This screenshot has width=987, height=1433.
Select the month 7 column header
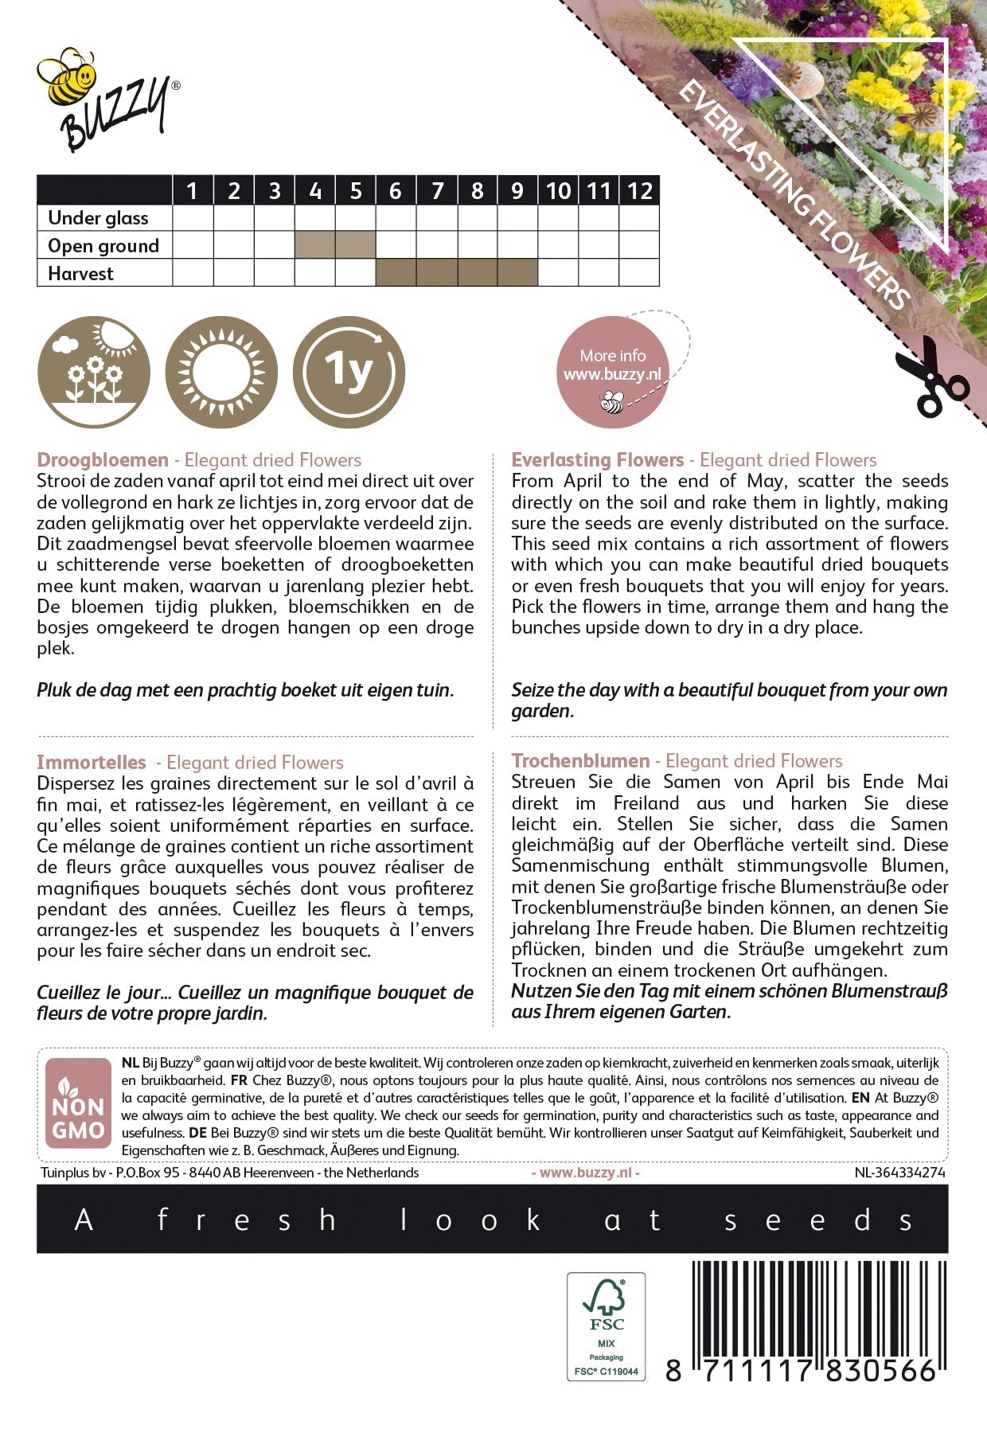pos(437,191)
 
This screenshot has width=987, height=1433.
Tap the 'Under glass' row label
pos(98,218)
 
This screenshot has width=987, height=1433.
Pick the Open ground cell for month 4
pos(315,245)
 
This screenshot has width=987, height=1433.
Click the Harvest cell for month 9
pos(517,273)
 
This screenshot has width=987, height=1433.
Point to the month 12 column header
pos(639,191)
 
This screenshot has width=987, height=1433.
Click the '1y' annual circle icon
pos(349,372)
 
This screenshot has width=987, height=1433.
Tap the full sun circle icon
pos(221,372)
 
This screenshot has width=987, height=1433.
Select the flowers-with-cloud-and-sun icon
pos(93,372)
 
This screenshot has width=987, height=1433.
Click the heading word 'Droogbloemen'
pos(103,460)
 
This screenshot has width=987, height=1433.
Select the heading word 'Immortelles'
pos(92,762)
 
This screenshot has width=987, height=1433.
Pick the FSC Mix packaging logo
pos(606,1326)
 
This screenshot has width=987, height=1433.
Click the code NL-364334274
pos(900,1173)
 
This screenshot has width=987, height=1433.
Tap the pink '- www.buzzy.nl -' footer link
pos(585,1173)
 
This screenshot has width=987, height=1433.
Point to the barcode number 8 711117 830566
pos(801,1370)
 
